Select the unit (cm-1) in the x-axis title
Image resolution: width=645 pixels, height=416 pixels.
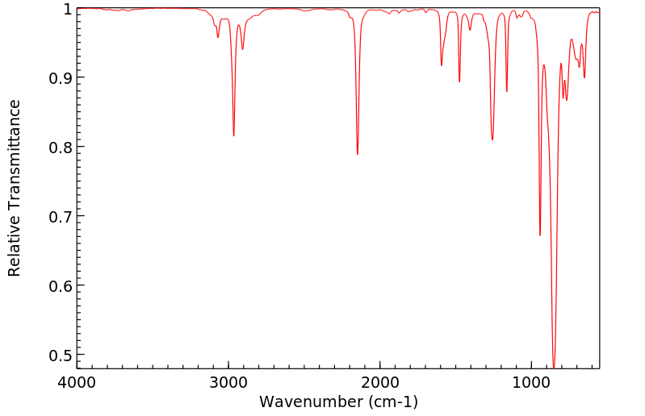[x=392, y=401]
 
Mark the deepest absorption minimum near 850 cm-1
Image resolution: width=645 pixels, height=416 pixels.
[x=554, y=367]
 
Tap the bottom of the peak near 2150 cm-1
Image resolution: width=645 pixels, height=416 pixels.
[x=358, y=154]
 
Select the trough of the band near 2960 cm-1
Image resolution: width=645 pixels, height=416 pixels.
[x=234, y=135]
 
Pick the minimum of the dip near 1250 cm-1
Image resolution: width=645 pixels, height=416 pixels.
[x=492, y=139]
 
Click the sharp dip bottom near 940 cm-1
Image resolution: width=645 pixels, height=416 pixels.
[x=540, y=235]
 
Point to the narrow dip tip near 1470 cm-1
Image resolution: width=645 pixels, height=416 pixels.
[x=459, y=81]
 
